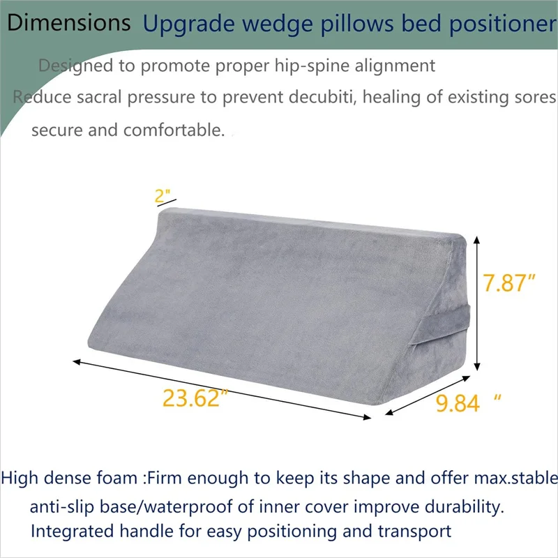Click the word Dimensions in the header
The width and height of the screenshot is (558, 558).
coord(69,22)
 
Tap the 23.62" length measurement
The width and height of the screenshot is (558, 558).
coord(196,399)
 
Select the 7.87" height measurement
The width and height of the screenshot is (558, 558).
coord(510,283)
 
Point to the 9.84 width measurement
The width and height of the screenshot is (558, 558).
coord(458,402)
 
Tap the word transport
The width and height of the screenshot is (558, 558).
coord(414,531)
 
